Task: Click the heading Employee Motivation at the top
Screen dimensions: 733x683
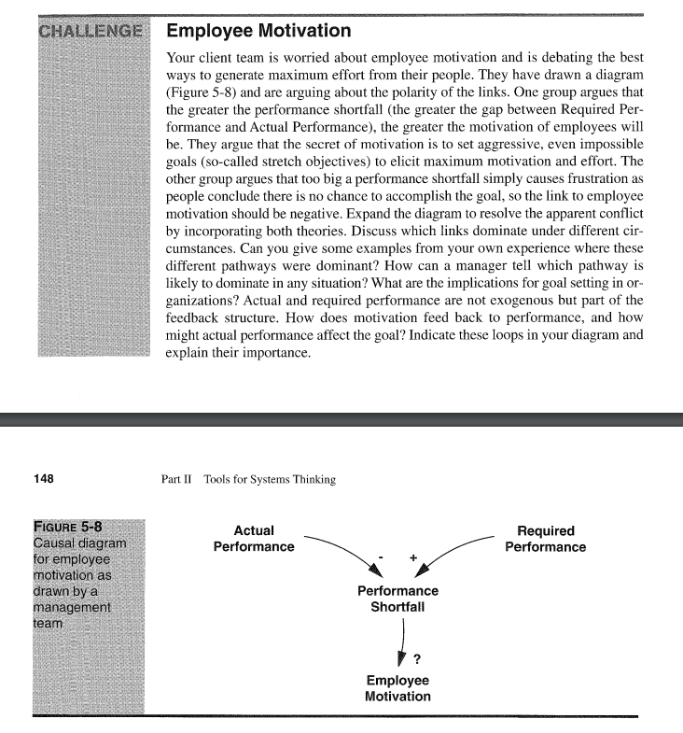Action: coord(258,32)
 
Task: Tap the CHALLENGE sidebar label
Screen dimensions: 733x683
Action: coord(91,31)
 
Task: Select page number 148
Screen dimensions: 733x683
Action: coord(43,479)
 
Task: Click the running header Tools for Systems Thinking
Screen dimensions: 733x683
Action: coord(265,480)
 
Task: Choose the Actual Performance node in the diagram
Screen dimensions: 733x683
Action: coord(254,539)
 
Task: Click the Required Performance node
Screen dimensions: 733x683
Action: coord(546,539)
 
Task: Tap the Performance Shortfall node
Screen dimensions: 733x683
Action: coord(397,599)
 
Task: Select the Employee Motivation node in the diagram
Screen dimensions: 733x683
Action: coord(397,688)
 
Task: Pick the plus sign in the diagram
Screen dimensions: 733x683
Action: coord(412,557)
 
